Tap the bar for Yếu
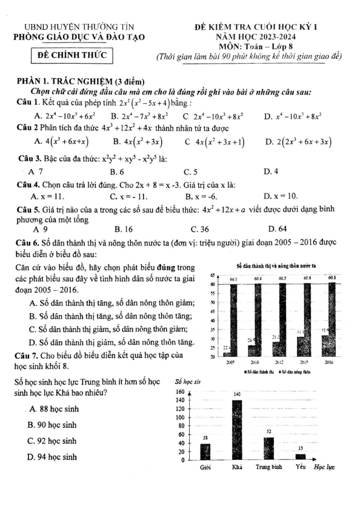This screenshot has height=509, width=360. tap(301, 456)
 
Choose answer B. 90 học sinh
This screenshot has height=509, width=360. tap(52, 425)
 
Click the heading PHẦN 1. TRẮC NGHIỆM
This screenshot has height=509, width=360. tap(81, 82)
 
